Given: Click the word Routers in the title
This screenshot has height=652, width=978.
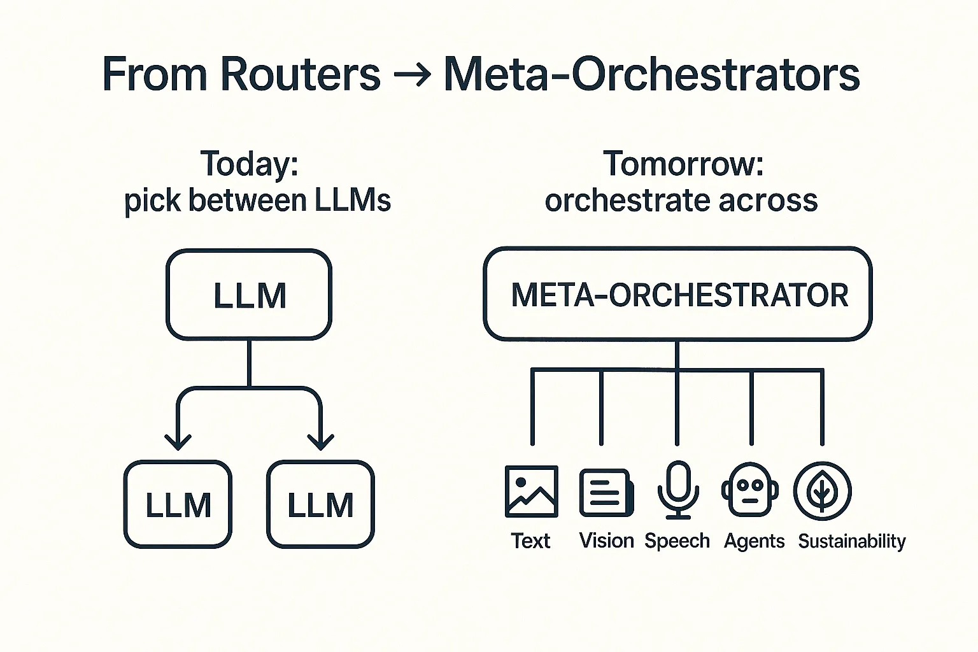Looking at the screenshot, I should tap(300, 74).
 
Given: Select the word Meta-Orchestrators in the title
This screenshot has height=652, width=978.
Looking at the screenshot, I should tap(651, 74).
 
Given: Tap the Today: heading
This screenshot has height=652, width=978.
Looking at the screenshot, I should tap(249, 164).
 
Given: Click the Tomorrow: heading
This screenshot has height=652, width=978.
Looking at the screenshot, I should tap(683, 164).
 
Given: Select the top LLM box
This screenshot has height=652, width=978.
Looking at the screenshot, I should tap(249, 295).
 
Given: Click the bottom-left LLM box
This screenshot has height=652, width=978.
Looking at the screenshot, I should tap(178, 504).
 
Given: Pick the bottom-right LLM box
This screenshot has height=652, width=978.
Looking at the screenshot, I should tap(320, 504).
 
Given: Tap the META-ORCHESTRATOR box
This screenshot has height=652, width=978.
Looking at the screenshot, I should tap(677, 294).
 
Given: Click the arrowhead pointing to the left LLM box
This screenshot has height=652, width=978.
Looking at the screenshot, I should tap(178, 441).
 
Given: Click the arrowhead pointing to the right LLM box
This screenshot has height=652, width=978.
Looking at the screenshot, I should tap(320, 441).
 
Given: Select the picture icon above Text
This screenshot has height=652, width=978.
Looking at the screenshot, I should tap(531, 491).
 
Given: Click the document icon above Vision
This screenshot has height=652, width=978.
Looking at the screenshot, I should tap(606, 492).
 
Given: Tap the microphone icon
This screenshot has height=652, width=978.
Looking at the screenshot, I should tap(677, 490).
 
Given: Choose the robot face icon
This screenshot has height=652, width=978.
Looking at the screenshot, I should tap(749, 490).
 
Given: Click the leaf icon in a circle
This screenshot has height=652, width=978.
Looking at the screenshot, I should tap(822, 491).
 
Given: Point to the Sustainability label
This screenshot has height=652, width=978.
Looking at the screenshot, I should tap(851, 541).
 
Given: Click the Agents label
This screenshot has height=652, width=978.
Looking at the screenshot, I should tap(754, 541).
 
